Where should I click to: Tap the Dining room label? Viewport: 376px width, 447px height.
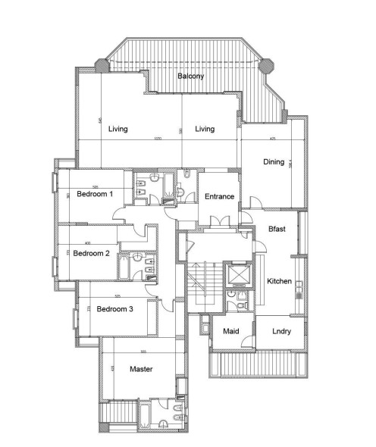[x=274, y=161]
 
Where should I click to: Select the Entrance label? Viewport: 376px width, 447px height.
[x=219, y=196]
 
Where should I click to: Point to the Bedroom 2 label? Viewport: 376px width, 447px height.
[x=92, y=254]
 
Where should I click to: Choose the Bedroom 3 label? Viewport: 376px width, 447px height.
[x=114, y=308]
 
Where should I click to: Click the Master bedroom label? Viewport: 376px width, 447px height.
[x=142, y=369]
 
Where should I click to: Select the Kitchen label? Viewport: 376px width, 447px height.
[x=279, y=281]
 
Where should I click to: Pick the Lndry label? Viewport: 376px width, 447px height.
[x=280, y=331]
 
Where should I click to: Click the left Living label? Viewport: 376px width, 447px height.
[x=117, y=129]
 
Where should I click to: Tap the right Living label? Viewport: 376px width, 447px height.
[x=205, y=129]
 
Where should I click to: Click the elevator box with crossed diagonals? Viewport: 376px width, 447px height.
[x=238, y=274]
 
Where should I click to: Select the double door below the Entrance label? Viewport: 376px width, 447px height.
[x=218, y=220]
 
